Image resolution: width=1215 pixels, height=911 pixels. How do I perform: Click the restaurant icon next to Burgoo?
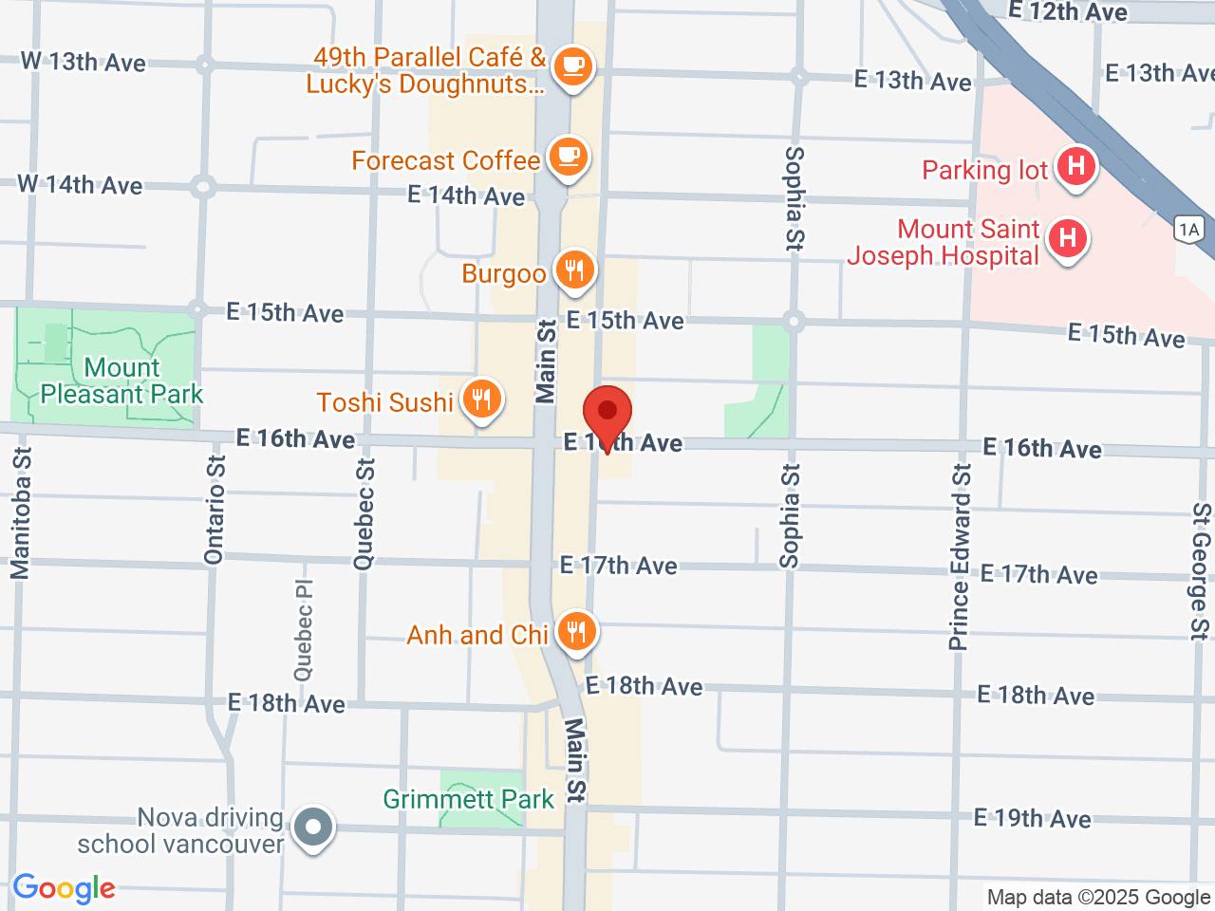coord(573,271)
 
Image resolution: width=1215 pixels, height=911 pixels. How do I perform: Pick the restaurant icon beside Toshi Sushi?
coord(482,400)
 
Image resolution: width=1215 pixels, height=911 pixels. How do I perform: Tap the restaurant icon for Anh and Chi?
coord(575,632)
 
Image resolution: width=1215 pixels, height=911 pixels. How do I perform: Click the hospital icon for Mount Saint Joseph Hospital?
coord(1068,238)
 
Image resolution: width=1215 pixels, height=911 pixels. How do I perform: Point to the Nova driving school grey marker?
coord(313,827)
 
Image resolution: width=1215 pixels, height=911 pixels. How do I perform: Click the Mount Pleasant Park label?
coord(121,381)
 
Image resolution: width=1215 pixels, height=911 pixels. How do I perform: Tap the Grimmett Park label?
coord(468,800)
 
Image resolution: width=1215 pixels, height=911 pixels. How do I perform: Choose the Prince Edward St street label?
coord(961,557)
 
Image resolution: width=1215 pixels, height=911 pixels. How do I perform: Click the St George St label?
coord(1201,571)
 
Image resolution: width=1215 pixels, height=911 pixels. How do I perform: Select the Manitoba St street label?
coord(21,513)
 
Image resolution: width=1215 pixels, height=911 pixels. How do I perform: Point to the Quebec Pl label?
coord(304,630)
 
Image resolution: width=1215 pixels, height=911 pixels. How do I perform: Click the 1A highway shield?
coord(1188,230)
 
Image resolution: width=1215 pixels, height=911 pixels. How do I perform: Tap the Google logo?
coord(64,889)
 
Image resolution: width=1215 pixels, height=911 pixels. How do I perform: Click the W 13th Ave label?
coord(84,63)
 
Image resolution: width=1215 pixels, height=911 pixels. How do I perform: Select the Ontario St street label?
coord(215,511)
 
